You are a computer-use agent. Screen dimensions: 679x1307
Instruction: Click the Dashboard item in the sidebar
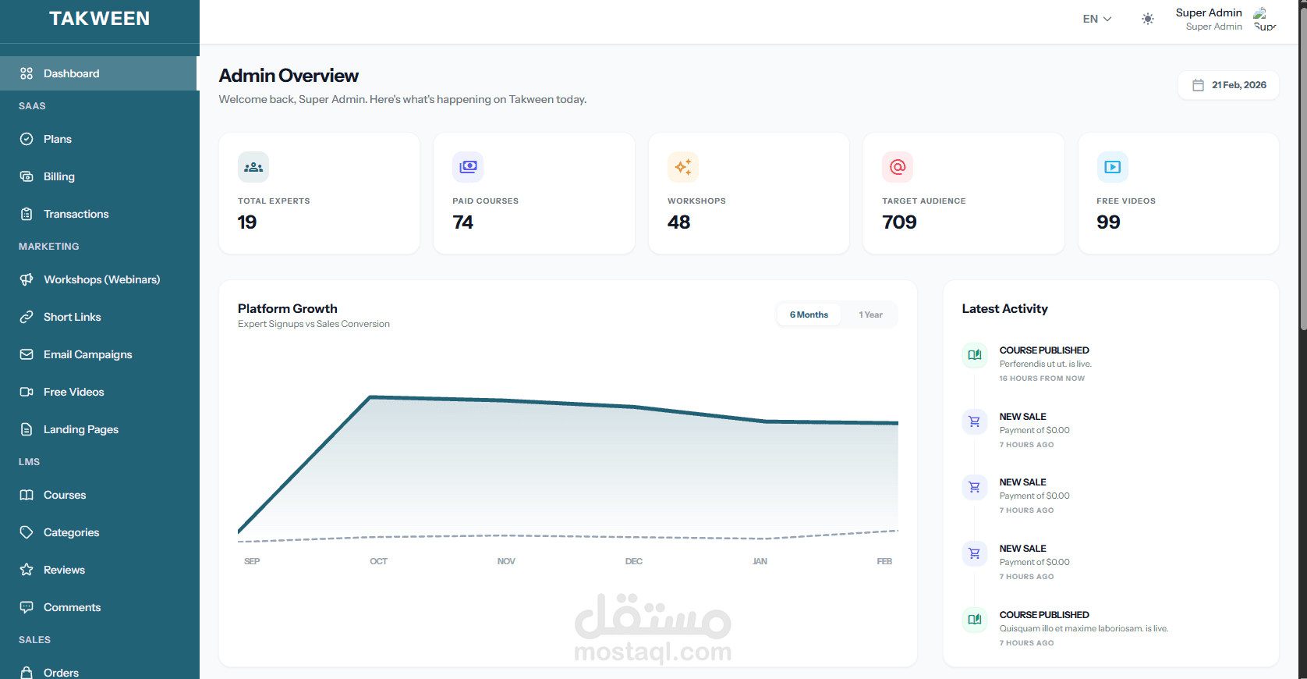pyautogui.click(x=71, y=73)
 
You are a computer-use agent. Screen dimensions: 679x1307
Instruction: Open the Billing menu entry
pyautogui.click(x=58, y=176)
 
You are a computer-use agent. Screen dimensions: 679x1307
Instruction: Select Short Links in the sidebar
pyautogui.click(x=72, y=317)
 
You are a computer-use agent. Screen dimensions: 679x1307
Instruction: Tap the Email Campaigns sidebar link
pyautogui.click(x=87, y=354)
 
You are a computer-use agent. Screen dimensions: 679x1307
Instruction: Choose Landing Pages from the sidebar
pyautogui.click(x=80, y=429)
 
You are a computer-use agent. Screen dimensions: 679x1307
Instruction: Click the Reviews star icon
pyautogui.click(x=27, y=570)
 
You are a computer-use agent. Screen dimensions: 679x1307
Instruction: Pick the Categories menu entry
pyautogui.click(x=71, y=532)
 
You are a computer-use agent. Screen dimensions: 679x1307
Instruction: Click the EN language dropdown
pyautogui.click(x=1096, y=19)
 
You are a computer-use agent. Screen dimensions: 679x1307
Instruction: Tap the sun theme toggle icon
pyautogui.click(x=1147, y=19)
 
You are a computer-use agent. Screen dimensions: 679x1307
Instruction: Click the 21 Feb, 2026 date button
pyautogui.click(x=1229, y=85)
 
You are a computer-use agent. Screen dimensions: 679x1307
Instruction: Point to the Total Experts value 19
pyautogui.click(x=247, y=222)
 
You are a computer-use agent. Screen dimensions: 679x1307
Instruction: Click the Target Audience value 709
pyautogui.click(x=899, y=222)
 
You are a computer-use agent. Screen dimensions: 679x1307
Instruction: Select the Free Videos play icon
pyautogui.click(x=1112, y=167)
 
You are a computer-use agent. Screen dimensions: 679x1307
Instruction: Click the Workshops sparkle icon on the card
pyautogui.click(x=682, y=167)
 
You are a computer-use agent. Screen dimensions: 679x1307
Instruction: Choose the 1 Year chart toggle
pyautogui.click(x=870, y=315)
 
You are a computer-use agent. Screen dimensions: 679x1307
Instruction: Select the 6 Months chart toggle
pyautogui.click(x=809, y=315)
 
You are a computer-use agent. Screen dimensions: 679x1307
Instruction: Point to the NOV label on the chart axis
pyautogui.click(x=506, y=561)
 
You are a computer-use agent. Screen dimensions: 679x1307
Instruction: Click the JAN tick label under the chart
pyautogui.click(x=760, y=561)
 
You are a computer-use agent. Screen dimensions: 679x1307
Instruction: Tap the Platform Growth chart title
pyautogui.click(x=288, y=308)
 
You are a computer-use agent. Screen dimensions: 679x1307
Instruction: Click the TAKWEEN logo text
pyautogui.click(x=99, y=19)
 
